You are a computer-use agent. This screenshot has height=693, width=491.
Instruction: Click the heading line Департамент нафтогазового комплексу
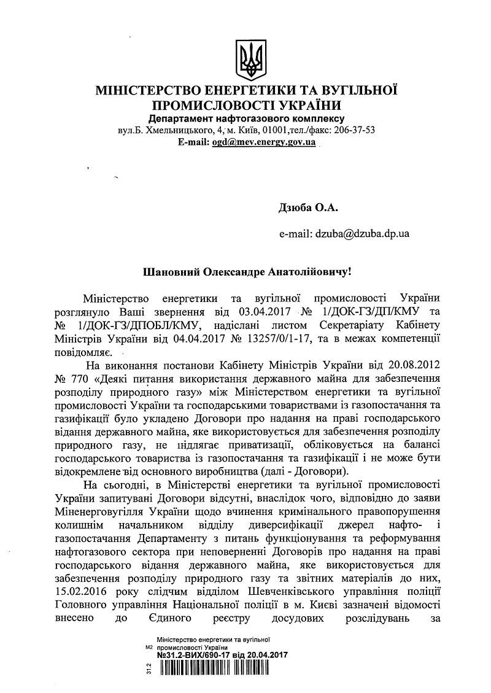245,118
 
